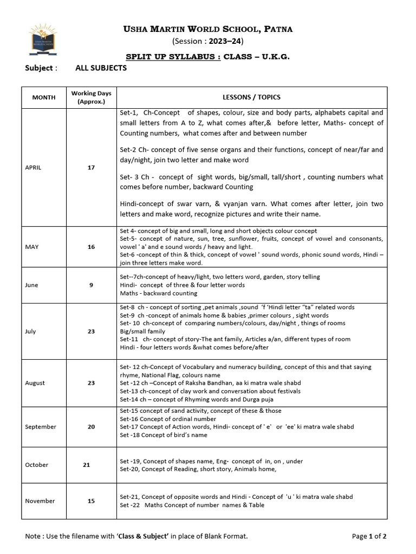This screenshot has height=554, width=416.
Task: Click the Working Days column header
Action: pyautogui.click(x=91, y=97)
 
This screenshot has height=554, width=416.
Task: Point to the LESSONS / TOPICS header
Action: pyautogui.click(x=251, y=97)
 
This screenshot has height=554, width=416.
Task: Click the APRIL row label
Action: pyautogui.click(x=34, y=168)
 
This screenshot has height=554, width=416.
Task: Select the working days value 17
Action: pyautogui.click(x=91, y=168)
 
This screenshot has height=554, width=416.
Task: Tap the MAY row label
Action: pyautogui.click(x=32, y=247)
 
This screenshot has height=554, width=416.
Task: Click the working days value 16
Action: pyautogui.click(x=91, y=247)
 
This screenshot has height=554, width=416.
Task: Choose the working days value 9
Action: pyautogui.click(x=91, y=285)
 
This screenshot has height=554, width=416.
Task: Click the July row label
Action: pyautogui.click(x=31, y=331)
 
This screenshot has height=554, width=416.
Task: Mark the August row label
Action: pyautogui.click(x=35, y=382)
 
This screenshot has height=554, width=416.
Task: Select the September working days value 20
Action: pyautogui.click(x=91, y=427)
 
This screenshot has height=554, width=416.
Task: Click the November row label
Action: pyautogui.click(x=40, y=501)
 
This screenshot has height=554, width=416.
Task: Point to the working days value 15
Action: pyautogui.click(x=91, y=501)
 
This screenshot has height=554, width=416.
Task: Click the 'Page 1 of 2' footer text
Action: pyautogui.click(x=369, y=536)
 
